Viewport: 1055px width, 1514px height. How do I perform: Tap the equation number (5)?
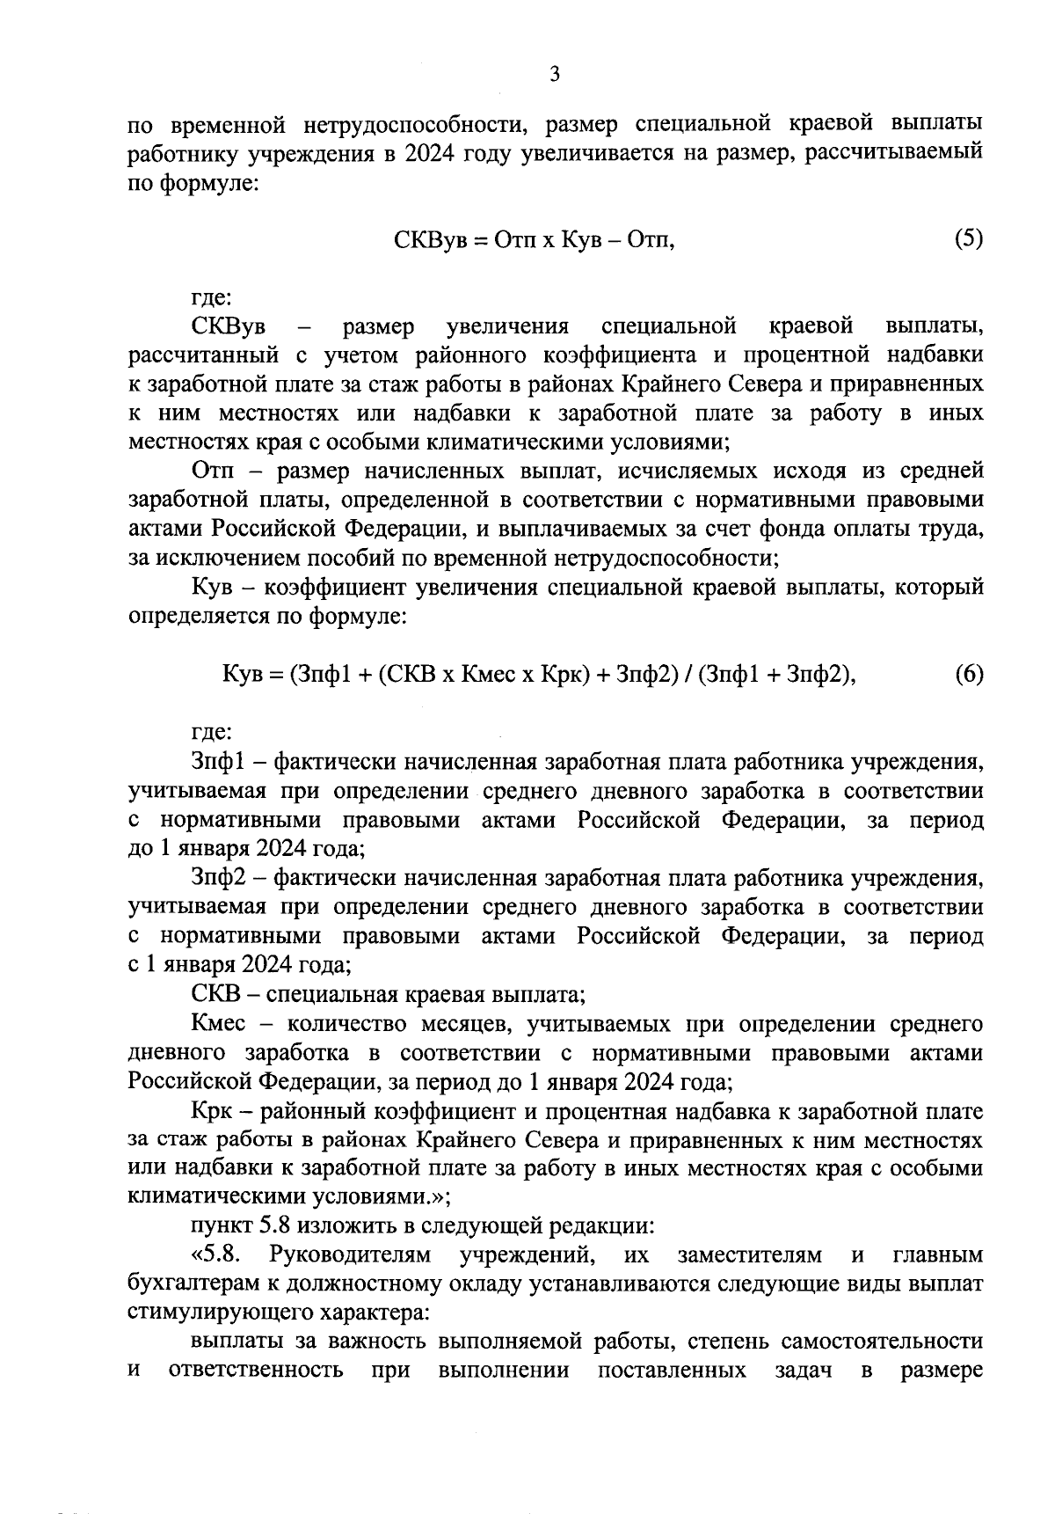click(968, 239)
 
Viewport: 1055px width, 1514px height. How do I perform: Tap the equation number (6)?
click(968, 675)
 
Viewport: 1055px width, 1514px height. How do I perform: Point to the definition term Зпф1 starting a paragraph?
click(215, 762)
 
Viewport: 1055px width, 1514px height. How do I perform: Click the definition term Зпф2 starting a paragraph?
click(215, 878)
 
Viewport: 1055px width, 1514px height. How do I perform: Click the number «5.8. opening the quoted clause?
click(216, 1254)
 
